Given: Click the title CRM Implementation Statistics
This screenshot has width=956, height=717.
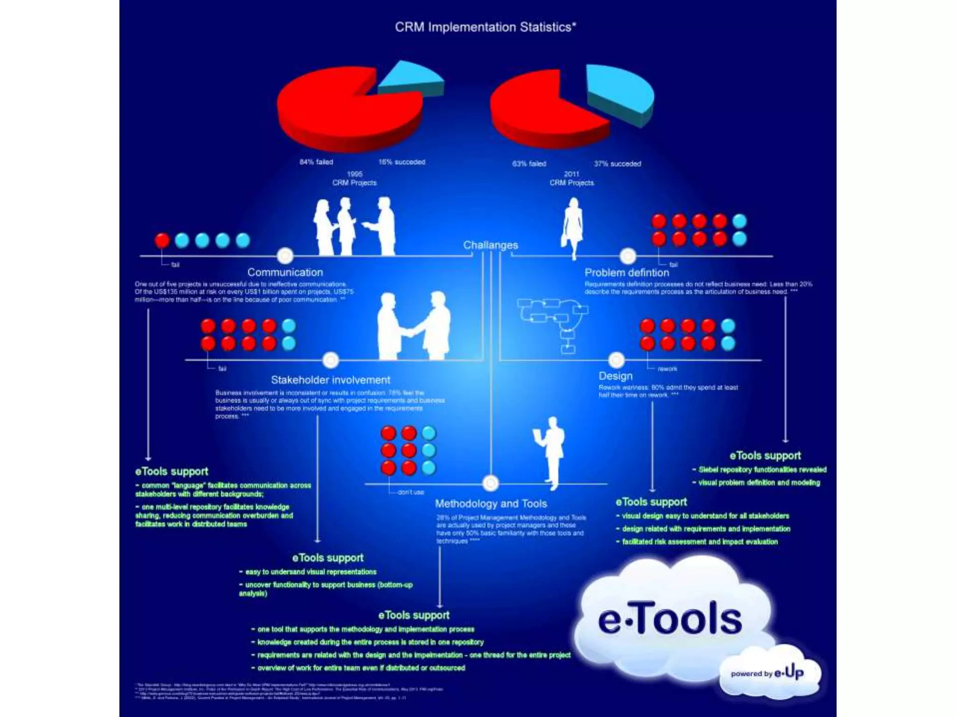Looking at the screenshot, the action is pos(485,27).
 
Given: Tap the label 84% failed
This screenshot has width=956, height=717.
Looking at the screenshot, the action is pos(316,162).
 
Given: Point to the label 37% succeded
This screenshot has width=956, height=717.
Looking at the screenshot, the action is pos(617,164).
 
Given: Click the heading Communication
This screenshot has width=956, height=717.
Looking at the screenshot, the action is pos(285,272).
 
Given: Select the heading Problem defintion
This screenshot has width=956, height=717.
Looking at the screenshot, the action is pos(626,273).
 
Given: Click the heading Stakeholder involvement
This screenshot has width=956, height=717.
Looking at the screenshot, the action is pos(330,380).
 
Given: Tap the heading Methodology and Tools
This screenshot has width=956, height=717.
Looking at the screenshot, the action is pos(491,504).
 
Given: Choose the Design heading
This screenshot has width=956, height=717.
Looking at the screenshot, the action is pos(615,376).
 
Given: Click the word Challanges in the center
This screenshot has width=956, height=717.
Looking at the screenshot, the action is pos(490,245).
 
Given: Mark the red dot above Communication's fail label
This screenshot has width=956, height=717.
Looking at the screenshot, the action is pos(162,240).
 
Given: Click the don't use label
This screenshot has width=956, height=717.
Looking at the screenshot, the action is pos(411,492).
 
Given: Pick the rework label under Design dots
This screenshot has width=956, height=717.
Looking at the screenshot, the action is pos(667,369).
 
